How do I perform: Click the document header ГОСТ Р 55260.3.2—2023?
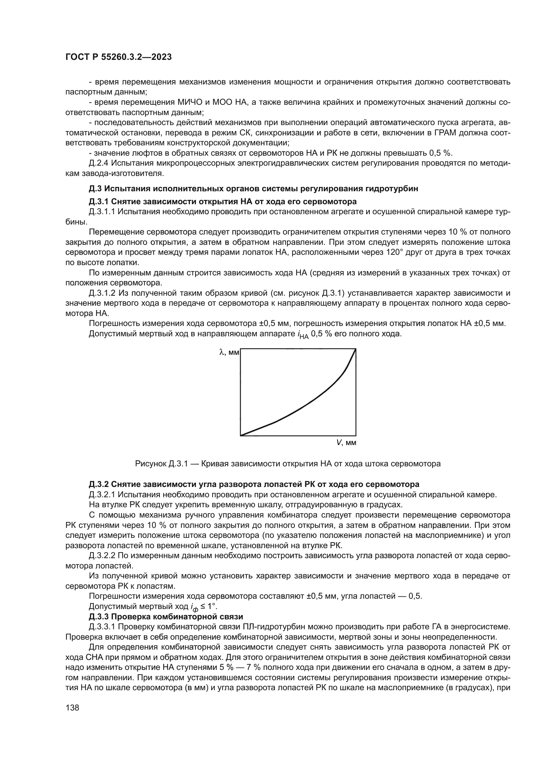pyautogui.click(x=118, y=57)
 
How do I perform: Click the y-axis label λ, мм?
pyautogui.click(x=229, y=352)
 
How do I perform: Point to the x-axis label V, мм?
pyautogui.click(x=346, y=442)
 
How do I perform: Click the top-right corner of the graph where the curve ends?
pyautogui.click(x=355, y=349)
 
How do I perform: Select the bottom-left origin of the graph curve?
pyautogui.click(x=241, y=435)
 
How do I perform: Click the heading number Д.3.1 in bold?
pyautogui.click(x=99, y=202)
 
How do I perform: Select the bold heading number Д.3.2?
pyautogui.click(x=99, y=484)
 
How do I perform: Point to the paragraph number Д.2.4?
pyautogui.click(x=98, y=163)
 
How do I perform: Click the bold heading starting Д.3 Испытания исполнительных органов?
pyautogui.click(x=253, y=189)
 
